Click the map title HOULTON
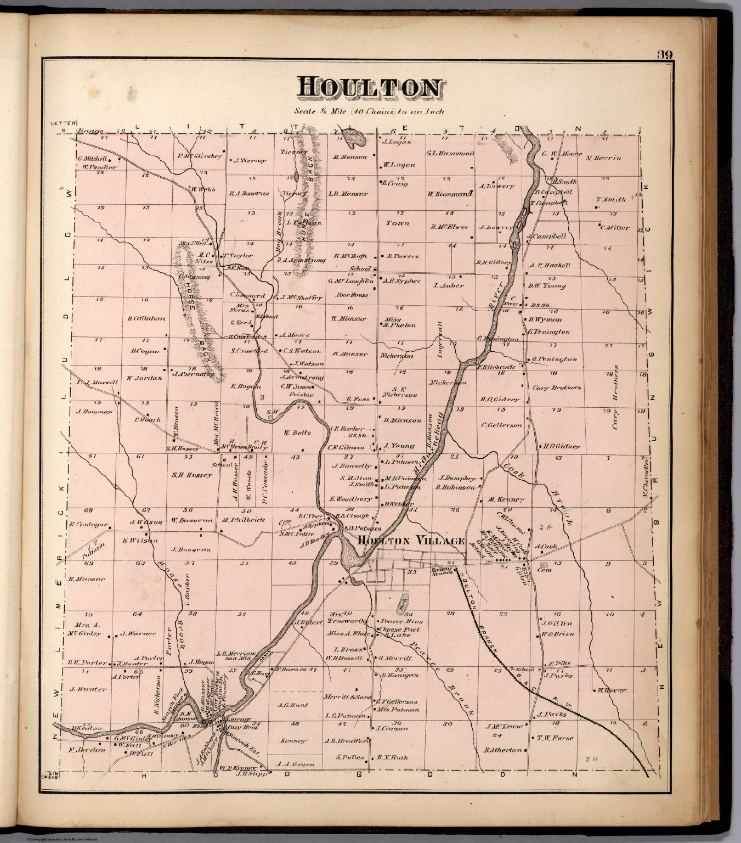click(x=370, y=88)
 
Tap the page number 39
click(x=666, y=55)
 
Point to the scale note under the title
click(x=369, y=111)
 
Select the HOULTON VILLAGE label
click(x=411, y=541)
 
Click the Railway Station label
click(x=442, y=571)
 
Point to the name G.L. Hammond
click(x=450, y=154)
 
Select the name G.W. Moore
click(x=562, y=154)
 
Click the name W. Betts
click(x=297, y=432)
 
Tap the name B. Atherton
click(x=502, y=750)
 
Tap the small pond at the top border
click(x=354, y=139)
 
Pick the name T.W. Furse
click(x=555, y=738)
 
